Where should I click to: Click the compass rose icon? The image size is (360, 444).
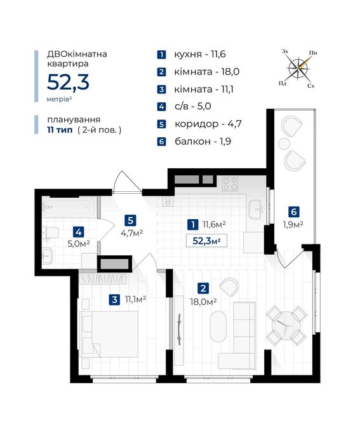point(298,68)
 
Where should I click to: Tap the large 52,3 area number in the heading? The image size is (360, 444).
point(68,83)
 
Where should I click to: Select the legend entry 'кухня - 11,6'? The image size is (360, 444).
point(200,54)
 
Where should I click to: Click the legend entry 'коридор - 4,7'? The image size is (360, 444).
point(208,124)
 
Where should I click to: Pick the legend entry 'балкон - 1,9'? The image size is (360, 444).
point(203,141)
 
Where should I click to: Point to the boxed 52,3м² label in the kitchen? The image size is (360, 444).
point(206,241)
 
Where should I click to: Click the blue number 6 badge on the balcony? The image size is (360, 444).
point(293,212)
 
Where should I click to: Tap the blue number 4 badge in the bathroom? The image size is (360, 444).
point(78,232)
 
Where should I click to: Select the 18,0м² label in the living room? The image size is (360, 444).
point(203,301)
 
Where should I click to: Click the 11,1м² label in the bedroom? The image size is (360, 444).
point(135,299)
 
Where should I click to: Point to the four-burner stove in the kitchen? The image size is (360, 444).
point(230,184)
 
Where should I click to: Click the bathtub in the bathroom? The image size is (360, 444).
point(69,207)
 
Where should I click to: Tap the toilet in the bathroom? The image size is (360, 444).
point(50,232)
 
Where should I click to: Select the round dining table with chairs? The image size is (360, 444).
point(286,325)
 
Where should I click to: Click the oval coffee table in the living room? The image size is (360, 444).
point(218,326)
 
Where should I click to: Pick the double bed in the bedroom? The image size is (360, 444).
point(109,334)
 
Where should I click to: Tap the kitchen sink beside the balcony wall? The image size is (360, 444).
point(257,210)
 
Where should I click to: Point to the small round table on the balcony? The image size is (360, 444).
point(284,144)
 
